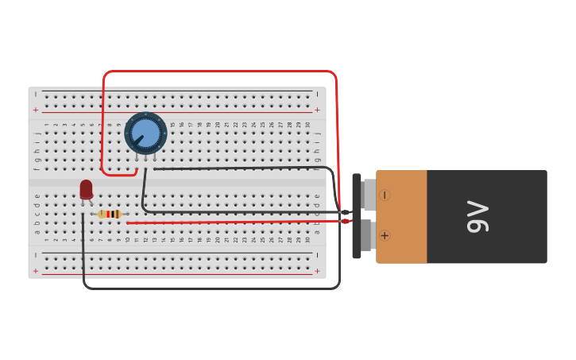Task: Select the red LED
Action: coord(86,189)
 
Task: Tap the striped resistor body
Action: coord(110,214)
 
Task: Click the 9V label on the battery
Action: coord(477,216)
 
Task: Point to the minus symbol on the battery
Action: coord(385,195)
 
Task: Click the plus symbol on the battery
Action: coord(385,235)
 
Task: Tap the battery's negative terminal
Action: coord(369,195)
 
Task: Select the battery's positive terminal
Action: coord(369,235)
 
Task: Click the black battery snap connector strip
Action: coord(357,215)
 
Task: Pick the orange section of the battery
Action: coord(402,215)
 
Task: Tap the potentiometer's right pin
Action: coord(155,157)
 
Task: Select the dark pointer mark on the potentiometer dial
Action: coord(138,140)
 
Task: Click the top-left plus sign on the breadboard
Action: coord(35,110)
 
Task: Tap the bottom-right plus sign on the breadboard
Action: coord(318,271)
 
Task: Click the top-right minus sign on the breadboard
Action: coord(318,95)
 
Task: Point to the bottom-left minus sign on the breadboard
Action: coord(35,256)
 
